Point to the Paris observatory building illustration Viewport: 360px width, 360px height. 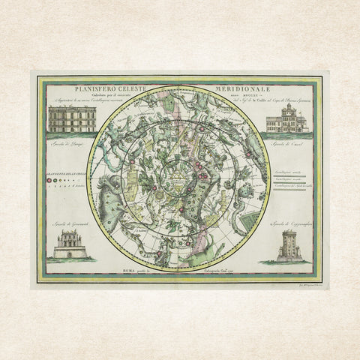(72, 118)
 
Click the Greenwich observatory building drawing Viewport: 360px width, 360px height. (72, 244)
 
